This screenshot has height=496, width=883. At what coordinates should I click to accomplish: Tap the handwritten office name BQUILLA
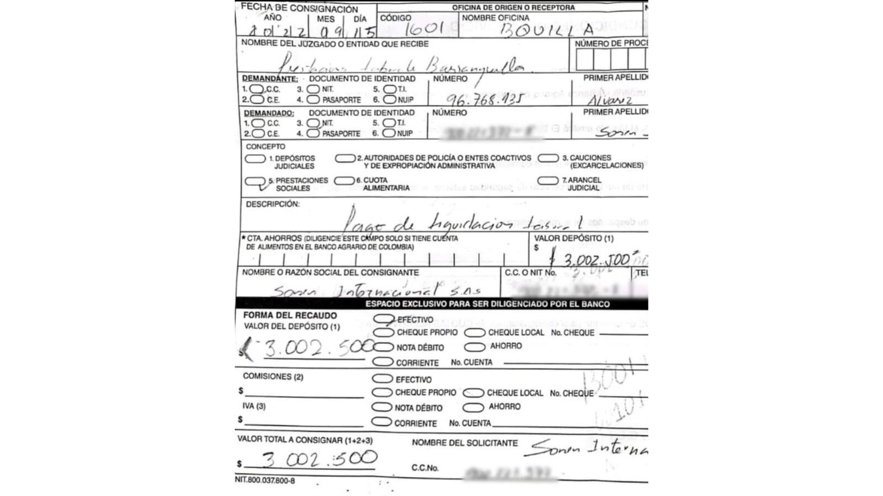[546, 31]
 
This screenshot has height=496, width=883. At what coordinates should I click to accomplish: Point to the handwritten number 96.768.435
[485, 100]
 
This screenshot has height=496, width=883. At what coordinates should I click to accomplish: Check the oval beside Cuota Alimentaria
[344, 181]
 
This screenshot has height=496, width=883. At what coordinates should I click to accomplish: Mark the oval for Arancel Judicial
[547, 181]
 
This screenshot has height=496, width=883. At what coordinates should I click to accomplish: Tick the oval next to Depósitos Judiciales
[255, 159]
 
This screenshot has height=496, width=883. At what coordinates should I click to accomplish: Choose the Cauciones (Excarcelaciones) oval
[548, 158]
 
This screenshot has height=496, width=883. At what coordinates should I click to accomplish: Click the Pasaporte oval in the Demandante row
[313, 100]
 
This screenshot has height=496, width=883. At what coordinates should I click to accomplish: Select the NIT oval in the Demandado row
[313, 123]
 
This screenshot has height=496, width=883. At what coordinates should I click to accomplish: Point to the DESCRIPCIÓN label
[273, 204]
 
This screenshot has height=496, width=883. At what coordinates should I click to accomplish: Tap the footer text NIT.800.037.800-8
[265, 481]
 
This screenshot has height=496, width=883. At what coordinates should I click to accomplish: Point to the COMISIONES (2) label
[273, 376]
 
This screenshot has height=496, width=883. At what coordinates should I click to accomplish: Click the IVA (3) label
[254, 406]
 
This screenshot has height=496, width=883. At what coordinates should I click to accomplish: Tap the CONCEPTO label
[265, 147]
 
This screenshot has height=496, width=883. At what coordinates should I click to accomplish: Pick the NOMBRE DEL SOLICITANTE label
[465, 443]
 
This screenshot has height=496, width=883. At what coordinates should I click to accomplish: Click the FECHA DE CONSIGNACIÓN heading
[300, 8]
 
